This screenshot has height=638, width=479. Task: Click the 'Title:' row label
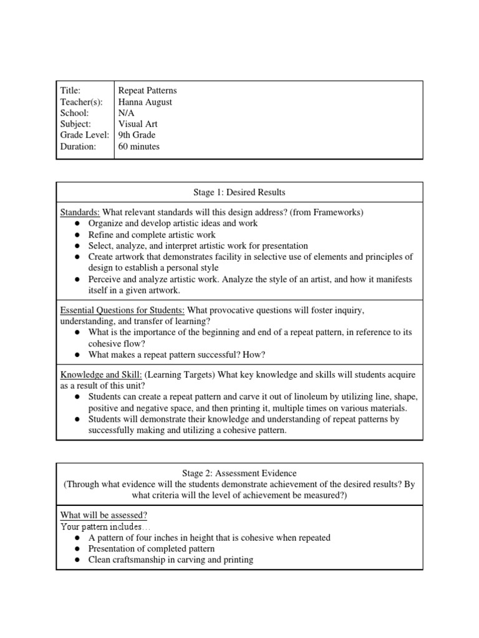coord(70,90)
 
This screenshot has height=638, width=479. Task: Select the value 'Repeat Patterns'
coord(147,90)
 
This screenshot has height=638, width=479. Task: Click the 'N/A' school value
coord(126,113)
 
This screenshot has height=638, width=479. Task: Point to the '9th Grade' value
coord(137,135)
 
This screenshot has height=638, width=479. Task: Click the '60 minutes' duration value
coord(139,146)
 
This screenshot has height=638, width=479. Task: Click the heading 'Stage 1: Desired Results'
coord(239,192)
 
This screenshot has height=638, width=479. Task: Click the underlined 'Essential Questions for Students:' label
coord(122,310)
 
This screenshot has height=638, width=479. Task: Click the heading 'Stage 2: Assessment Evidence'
coord(239,474)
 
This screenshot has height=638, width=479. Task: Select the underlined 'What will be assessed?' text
coord(104,515)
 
